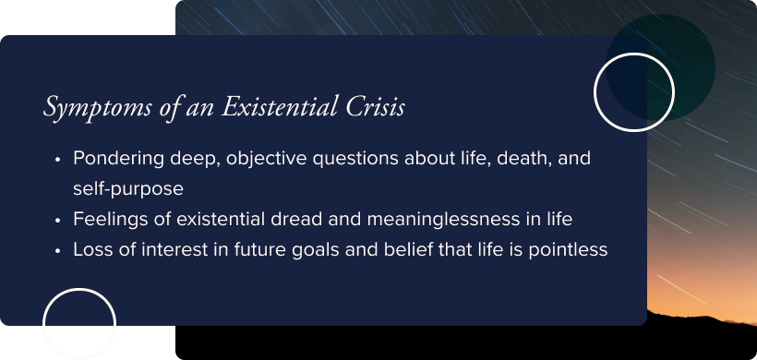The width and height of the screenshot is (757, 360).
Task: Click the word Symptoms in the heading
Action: pos(88,108)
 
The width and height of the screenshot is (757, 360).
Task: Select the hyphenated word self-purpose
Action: pos(128,188)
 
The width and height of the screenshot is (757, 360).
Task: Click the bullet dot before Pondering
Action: pos(58,159)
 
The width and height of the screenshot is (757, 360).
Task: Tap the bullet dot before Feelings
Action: pos(58,220)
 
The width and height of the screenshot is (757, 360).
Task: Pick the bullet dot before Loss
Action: pos(58,250)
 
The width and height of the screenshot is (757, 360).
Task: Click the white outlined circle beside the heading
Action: pos(634,91)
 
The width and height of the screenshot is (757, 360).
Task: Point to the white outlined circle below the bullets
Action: pos(79,324)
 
